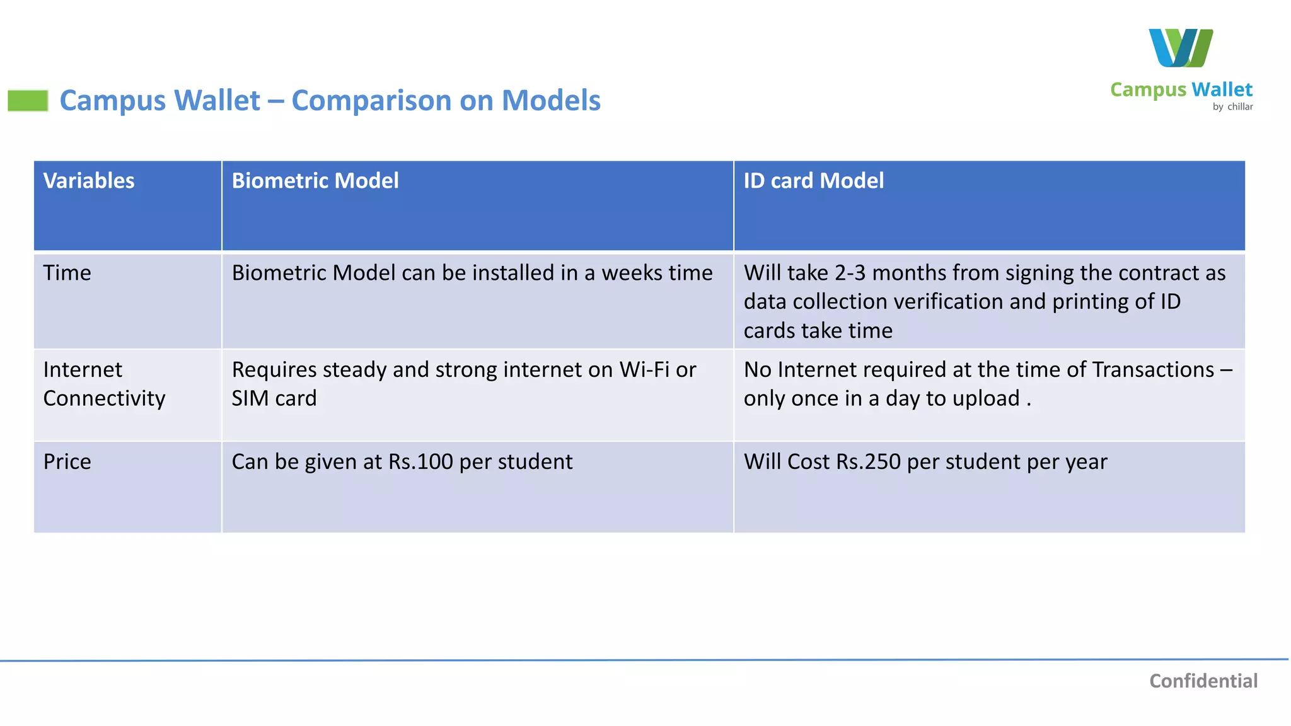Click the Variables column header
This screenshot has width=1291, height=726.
[x=89, y=181]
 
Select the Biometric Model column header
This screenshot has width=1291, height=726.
[x=315, y=181]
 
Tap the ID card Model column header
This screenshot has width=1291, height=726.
[x=813, y=181]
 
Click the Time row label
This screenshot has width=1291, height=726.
[x=67, y=273]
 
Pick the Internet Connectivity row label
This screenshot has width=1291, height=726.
[x=104, y=384]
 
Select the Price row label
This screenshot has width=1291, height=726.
[x=67, y=462]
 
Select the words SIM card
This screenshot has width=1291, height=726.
[x=274, y=399]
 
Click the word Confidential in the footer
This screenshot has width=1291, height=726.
[x=1203, y=681]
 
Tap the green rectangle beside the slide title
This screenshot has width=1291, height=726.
[x=28, y=101]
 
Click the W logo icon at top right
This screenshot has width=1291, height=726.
[x=1180, y=48]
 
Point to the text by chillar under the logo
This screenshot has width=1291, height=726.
[x=1232, y=107]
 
